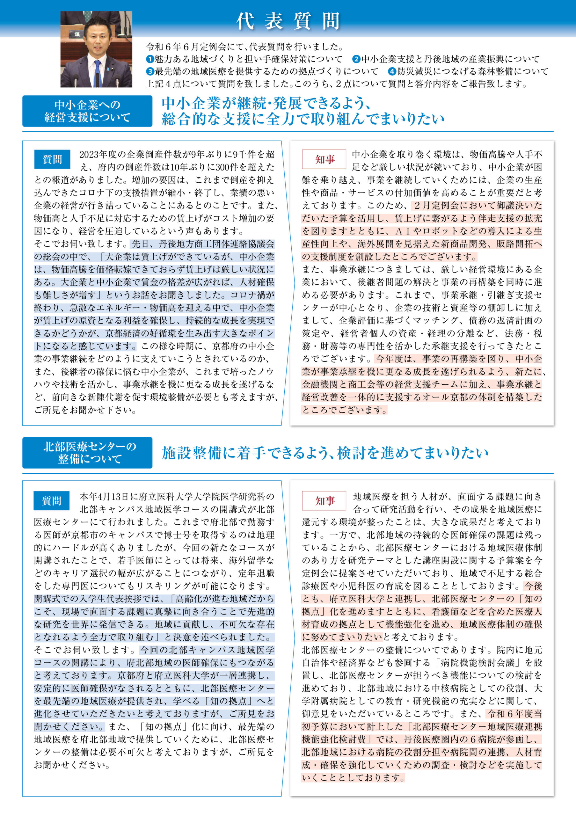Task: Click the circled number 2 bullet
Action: [x=356, y=59]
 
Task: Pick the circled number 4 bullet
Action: [x=392, y=71]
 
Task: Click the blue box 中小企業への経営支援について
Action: [x=87, y=111]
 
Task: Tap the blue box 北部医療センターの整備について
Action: [x=87, y=452]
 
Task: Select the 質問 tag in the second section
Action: [x=52, y=501]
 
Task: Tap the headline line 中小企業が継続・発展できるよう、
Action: [x=266, y=103]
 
